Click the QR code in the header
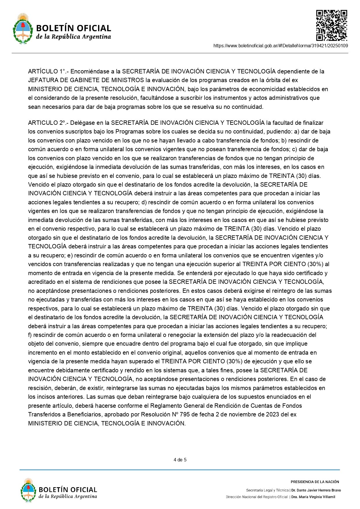coord(332,25)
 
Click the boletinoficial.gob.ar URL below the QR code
coord(281,46)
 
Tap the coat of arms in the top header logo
coord(23,29)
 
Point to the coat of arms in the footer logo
coord(28,490)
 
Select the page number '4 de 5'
coord(180,460)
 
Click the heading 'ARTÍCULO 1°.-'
coord(48,71)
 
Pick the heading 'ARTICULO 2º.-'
coord(48,123)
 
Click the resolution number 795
coord(185,414)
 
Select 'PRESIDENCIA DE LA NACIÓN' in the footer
coord(315,482)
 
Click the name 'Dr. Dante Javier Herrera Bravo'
coord(316,490)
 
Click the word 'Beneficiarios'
coord(84,414)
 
